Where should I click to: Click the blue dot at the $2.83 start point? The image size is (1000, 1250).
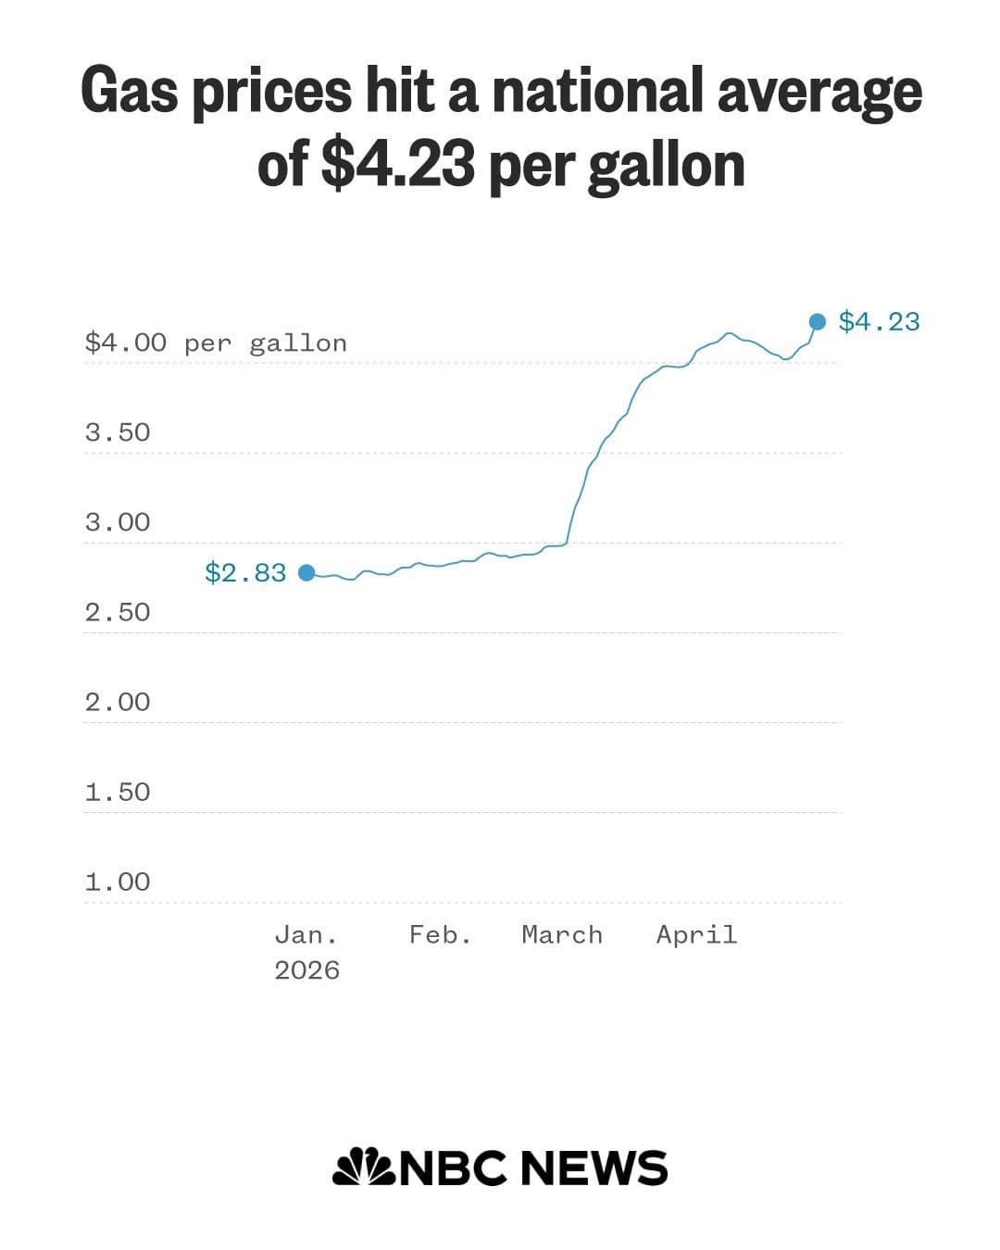click(x=306, y=573)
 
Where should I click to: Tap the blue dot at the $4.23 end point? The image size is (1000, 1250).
click(x=818, y=321)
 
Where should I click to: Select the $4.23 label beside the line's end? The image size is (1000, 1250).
click(x=879, y=321)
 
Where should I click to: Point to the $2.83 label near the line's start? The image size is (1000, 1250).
click(x=245, y=573)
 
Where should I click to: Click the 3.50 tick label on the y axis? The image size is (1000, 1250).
click(x=118, y=432)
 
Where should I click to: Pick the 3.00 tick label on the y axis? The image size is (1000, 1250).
click(x=118, y=522)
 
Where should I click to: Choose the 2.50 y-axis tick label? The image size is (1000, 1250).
click(x=118, y=612)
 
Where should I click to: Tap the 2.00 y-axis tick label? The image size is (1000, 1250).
click(x=118, y=702)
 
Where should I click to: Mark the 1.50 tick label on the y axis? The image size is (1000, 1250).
click(x=118, y=792)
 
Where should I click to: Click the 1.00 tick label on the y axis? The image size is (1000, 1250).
click(x=118, y=881)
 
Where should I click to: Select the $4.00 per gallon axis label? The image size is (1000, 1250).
click(x=216, y=344)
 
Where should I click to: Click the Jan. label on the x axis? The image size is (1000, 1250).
click(x=306, y=934)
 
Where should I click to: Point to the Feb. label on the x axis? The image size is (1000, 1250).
click(x=441, y=934)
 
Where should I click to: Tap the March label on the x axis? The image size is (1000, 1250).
click(x=562, y=934)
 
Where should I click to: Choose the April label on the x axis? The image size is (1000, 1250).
click(x=696, y=934)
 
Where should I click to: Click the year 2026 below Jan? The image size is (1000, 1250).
click(x=306, y=970)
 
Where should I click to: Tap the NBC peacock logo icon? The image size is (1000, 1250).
click(x=364, y=1167)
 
